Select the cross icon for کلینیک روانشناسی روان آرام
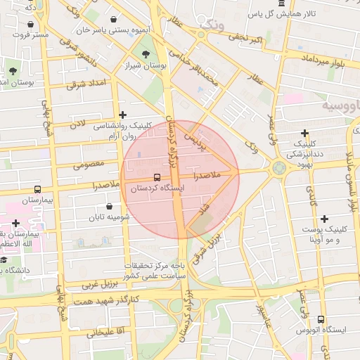[123, 115]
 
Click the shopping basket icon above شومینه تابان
[109, 206]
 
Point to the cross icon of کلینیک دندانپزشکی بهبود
[304, 133]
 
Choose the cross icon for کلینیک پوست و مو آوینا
[323, 219]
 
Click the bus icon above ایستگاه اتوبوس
[321, 319]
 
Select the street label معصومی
[89, 165]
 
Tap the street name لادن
[77, 124]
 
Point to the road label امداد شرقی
[86, 84]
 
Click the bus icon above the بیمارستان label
[37, 189]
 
